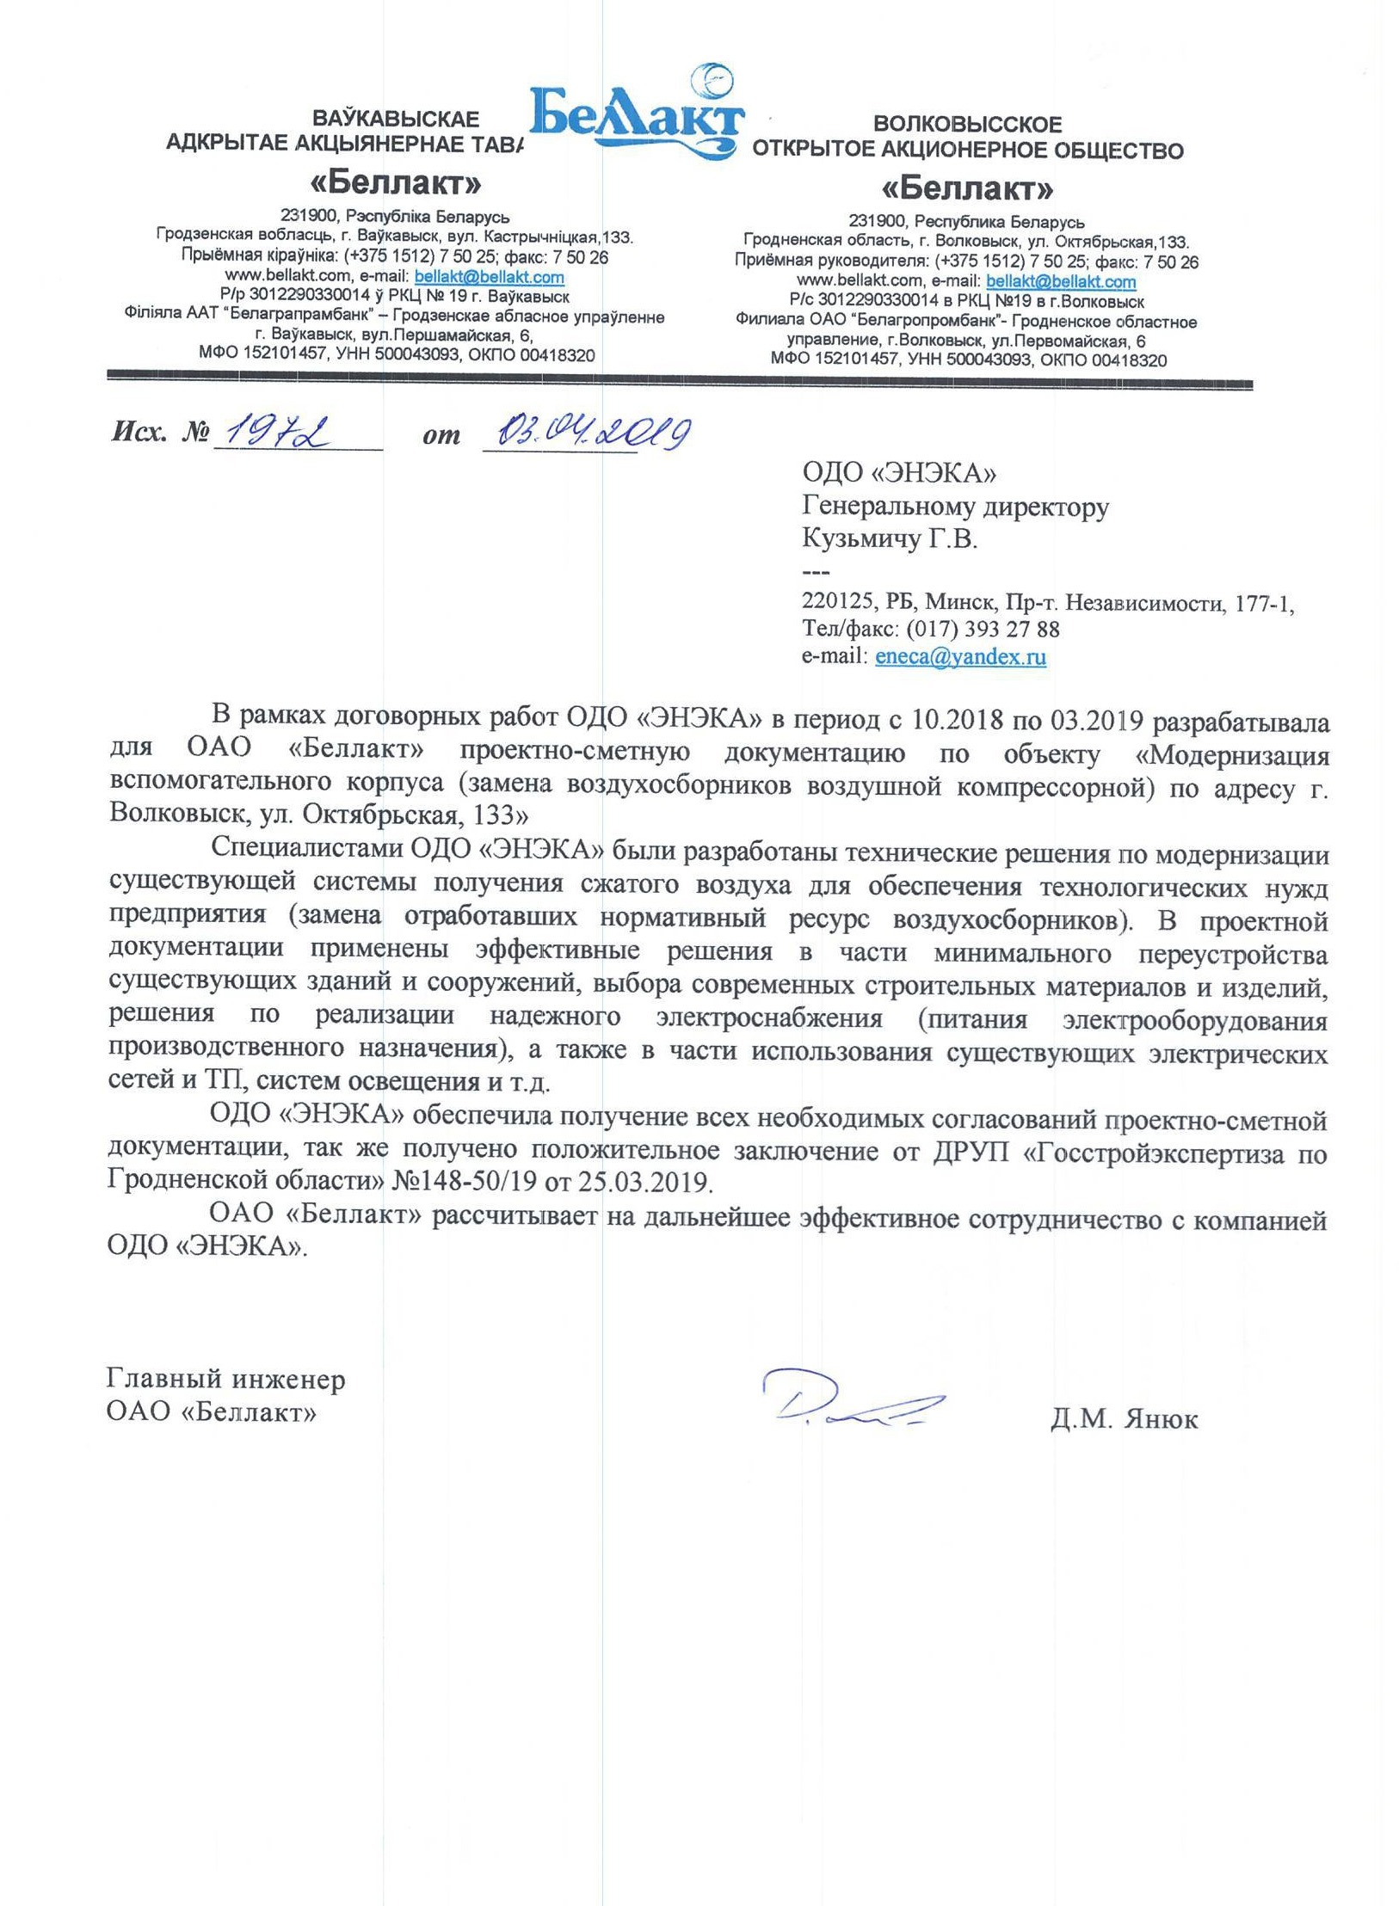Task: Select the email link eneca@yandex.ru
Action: click(x=959, y=657)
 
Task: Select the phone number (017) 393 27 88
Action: click(x=983, y=629)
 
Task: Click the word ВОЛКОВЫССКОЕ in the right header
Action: click(x=967, y=125)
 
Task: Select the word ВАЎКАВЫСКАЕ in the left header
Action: click(x=395, y=119)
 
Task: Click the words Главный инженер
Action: click(x=225, y=1380)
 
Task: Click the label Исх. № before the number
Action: click(x=160, y=431)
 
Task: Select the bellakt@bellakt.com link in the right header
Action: click(x=1060, y=282)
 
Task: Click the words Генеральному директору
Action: click(x=955, y=507)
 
